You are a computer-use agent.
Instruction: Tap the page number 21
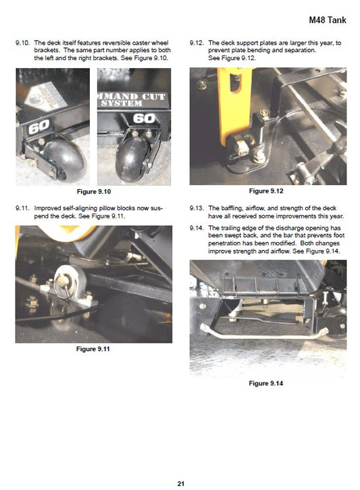(181, 483)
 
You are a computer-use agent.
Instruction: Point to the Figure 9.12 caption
(266, 191)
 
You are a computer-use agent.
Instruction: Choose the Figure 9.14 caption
(266, 383)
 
